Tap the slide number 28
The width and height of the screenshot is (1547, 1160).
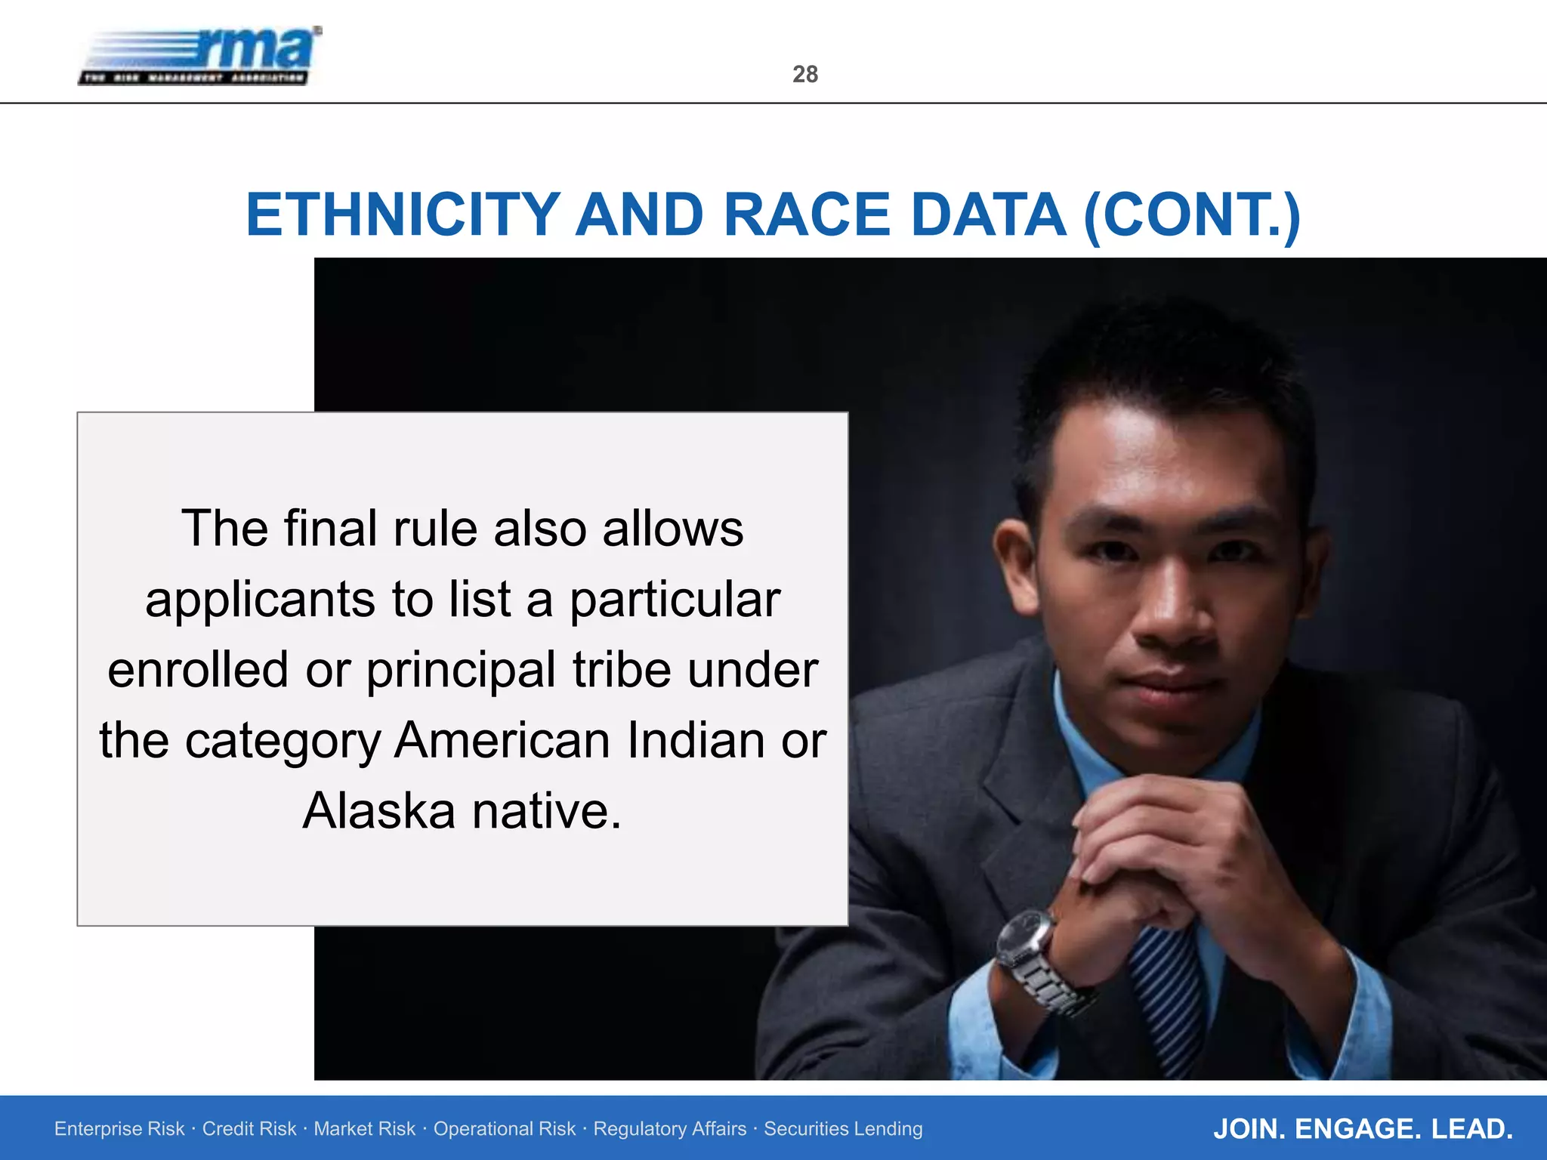[805, 74]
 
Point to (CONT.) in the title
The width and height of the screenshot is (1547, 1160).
[1191, 215]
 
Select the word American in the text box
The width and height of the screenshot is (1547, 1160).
[502, 740]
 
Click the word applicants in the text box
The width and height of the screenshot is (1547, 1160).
[261, 600]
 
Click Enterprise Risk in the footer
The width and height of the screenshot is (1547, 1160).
[119, 1129]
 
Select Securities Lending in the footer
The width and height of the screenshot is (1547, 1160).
[843, 1129]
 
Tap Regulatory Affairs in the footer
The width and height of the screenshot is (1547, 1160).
[670, 1129]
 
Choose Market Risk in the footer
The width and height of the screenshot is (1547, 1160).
[364, 1129]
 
